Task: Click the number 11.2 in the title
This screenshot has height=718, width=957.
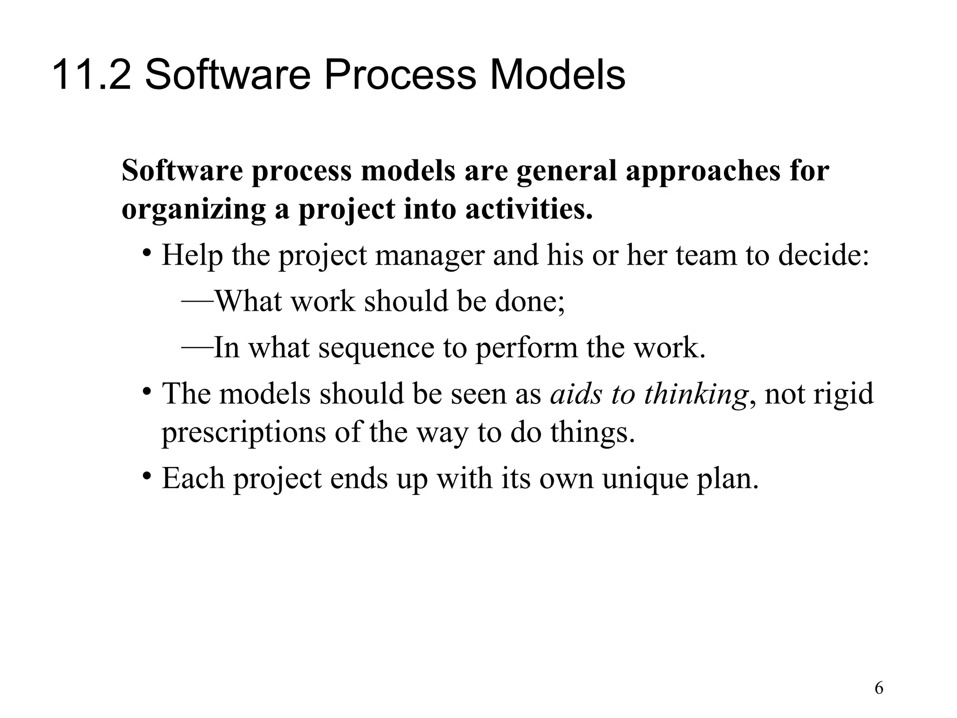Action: point(92,75)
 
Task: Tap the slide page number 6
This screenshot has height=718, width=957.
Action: point(879,688)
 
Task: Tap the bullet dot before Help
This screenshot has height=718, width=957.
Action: point(147,253)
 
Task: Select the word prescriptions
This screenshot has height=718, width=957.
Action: point(243,433)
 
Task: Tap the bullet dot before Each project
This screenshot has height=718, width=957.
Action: point(147,476)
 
